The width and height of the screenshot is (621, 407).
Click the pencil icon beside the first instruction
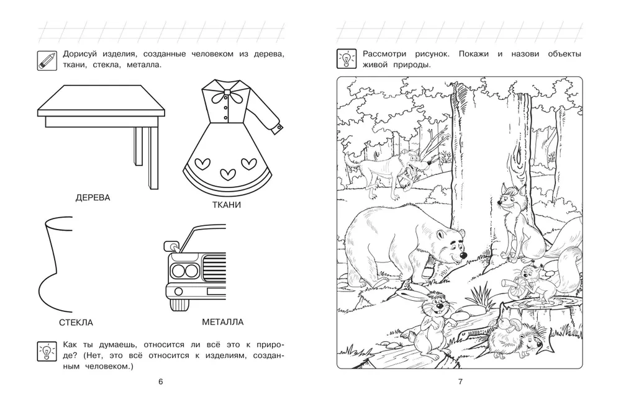point(47,61)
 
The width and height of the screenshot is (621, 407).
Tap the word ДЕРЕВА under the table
point(93,198)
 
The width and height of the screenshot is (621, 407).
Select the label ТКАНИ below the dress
point(227,205)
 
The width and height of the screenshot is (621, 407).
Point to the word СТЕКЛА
point(76,323)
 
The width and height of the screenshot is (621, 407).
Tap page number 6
point(160,382)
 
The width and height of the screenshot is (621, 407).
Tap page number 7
point(460,382)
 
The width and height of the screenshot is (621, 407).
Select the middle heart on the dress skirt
point(228,174)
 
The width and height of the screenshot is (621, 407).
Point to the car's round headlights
point(184,271)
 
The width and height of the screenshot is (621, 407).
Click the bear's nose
point(463,257)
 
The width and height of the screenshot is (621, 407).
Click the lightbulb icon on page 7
point(346,58)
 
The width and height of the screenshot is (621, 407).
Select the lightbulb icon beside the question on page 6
point(47,352)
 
